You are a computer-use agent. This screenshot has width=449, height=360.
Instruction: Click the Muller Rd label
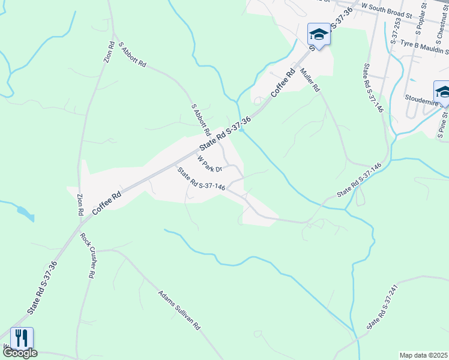click(x=311, y=80)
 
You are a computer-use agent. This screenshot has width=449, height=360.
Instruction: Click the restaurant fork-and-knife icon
click(x=22, y=338)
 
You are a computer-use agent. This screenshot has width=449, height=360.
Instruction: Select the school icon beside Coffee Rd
click(x=319, y=34)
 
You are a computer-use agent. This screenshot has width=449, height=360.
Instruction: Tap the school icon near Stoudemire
click(x=443, y=92)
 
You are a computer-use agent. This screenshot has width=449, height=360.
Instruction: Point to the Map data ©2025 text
click(x=424, y=355)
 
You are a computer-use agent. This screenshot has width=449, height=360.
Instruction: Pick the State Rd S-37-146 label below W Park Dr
click(x=200, y=179)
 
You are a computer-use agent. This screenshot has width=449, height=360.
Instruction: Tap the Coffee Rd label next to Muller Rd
click(x=283, y=82)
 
